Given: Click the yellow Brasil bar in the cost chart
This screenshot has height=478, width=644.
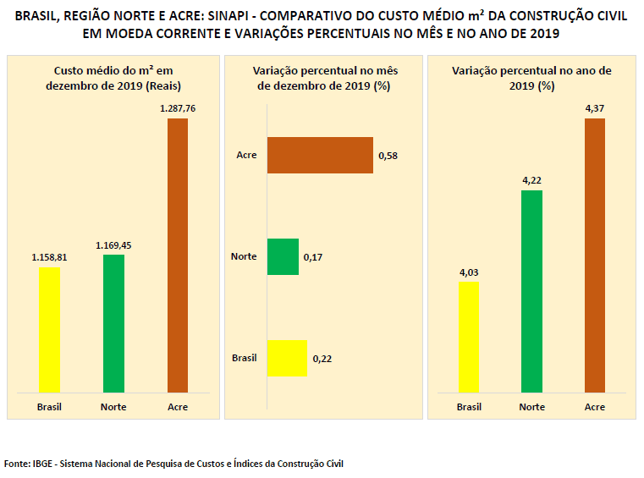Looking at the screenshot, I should click(x=50, y=330).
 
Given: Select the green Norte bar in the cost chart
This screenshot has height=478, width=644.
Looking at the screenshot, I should click(x=113, y=324).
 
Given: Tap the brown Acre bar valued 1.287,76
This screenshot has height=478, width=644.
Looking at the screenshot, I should click(x=177, y=255).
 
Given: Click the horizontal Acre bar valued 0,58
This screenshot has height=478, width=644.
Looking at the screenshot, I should click(x=320, y=155).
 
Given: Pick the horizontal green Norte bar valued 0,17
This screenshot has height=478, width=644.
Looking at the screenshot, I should click(x=283, y=256).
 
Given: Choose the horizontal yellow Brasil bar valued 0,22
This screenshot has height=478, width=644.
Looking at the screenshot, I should click(x=287, y=358).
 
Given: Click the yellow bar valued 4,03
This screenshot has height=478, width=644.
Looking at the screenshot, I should click(x=469, y=338).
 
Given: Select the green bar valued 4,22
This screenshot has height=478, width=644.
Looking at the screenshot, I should click(x=531, y=292).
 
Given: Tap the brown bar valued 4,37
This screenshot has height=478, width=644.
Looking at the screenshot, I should click(x=595, y=255).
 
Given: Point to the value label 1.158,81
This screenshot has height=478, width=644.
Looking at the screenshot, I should click(x=49, y=257).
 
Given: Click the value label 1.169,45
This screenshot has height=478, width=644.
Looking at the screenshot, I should click(x=113, y=245).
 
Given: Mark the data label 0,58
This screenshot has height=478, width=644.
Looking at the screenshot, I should click(x=388, y=156).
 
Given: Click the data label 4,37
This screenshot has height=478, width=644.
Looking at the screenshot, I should click(x=595, y=107).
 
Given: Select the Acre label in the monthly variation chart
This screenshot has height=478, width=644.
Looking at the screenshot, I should click(x=246, y=155).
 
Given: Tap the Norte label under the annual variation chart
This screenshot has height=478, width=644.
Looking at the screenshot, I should click(x=531, y=407).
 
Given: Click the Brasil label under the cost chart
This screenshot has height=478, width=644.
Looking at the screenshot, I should click(x=49, y=407).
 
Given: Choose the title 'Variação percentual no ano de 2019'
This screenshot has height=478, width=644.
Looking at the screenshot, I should click(x=531, y=79).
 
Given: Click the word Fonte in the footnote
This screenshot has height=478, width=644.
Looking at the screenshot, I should click(x=17, y=464).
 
